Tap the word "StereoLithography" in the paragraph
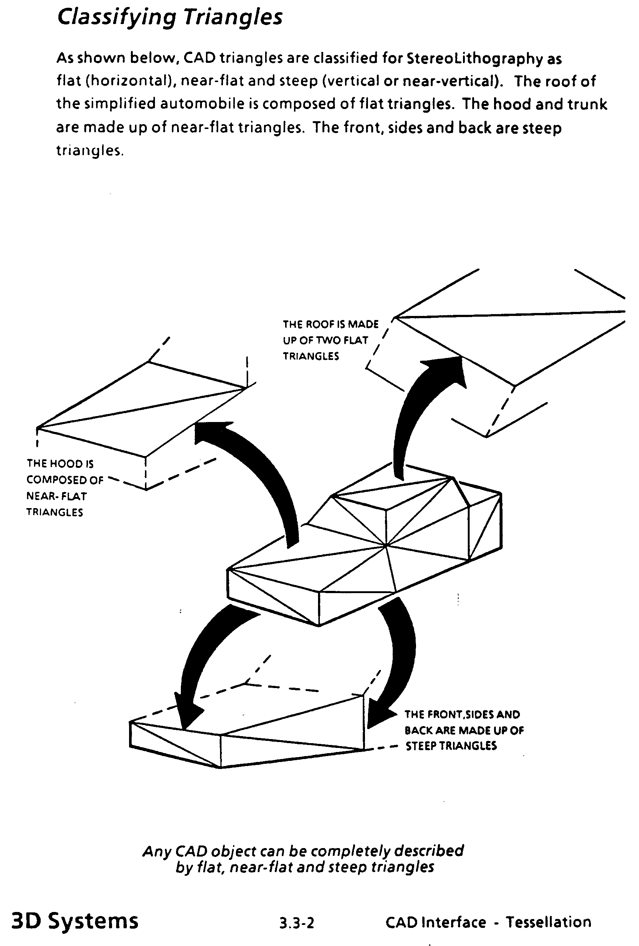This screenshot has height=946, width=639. [474, 59]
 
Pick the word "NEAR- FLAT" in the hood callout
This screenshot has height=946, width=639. [57, 496]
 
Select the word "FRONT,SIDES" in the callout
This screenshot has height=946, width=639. [462, 714]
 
